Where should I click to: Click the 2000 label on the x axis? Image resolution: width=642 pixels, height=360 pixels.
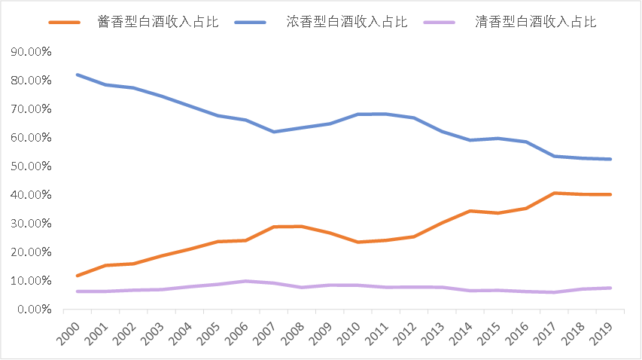pos(69,332)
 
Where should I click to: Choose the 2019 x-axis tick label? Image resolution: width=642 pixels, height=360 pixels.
pos(600,332)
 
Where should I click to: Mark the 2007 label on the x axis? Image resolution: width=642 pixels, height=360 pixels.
pos(265,332)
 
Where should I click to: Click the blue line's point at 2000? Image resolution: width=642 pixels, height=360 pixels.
pos(77,75)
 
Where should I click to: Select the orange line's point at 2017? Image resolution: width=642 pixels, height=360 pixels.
pos(553,193)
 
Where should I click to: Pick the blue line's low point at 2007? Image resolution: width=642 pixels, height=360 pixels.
pos(274,132)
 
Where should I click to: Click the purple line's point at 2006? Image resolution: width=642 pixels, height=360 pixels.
pos(245,281)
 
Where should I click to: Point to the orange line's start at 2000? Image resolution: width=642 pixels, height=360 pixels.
pos(77,276)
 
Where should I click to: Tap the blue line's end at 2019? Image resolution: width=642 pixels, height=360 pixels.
pos(610,159)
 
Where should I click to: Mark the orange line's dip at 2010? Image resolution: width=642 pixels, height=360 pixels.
pos(357,242)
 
